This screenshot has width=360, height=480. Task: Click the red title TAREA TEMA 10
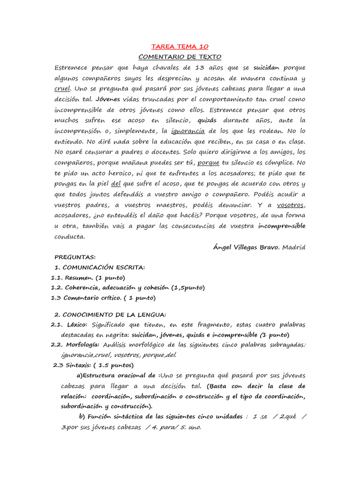click(180, 46)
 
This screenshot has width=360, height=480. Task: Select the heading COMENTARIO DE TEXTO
click(180, 57)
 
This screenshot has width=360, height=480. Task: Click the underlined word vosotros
click(291, 205)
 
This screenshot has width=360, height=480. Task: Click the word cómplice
click(279, 162)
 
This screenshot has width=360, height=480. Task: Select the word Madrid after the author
click(293, 247)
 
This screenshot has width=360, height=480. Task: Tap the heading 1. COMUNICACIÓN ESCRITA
click(100, 267)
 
